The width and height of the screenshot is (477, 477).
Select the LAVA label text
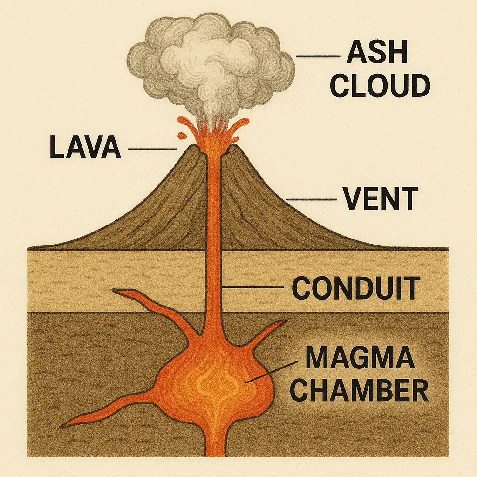click(x=85, y=148)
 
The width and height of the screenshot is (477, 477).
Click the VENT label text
click(x=380, y=199)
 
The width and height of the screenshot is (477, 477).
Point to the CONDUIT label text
click(x=355, y=288)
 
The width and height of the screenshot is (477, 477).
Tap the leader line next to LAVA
click(x=152, y=149)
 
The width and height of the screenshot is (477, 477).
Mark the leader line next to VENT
click(x=311, y=199)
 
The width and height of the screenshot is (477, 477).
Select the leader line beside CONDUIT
click(x=253, y=287)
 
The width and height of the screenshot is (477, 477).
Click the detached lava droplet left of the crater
click(x=182, y=136)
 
